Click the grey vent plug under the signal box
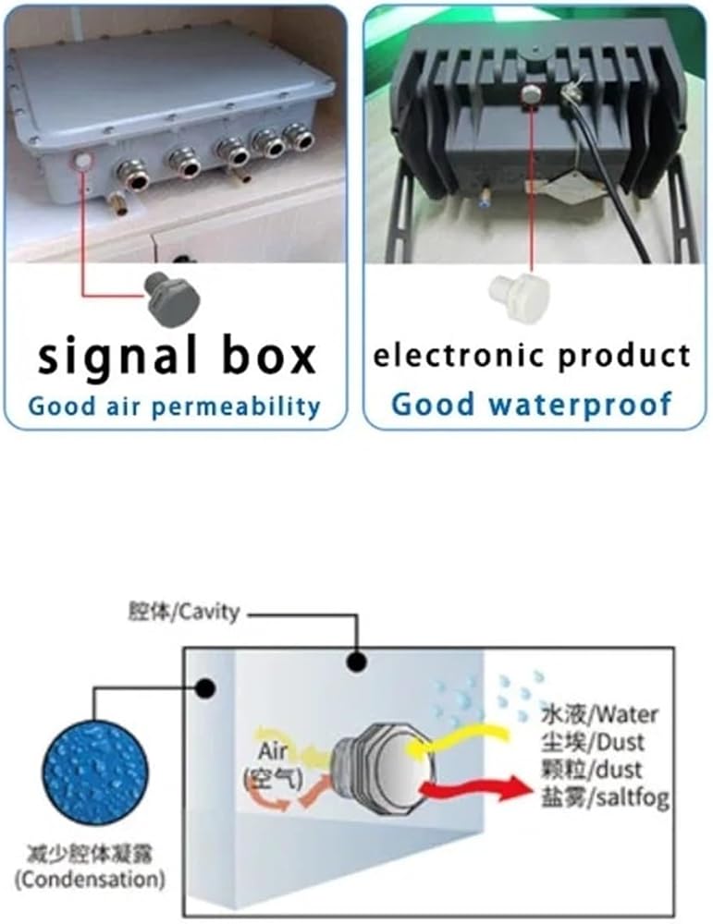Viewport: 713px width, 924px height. click(x=173, y=300)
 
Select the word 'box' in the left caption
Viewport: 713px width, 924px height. click(x=269, y=356)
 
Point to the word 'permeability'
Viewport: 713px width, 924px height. click(x=236, y=407)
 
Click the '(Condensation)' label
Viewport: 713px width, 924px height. click(x=89, y=880)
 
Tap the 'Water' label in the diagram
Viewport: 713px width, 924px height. click(x=624, y=715)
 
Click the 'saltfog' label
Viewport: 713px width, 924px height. click(x=633, y=798)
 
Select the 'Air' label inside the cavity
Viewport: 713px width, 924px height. click(x=273, y=751)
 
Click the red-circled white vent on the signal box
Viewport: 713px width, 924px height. click(x=82, y=161)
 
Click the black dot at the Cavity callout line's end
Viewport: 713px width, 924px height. click(x=355, y=663)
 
